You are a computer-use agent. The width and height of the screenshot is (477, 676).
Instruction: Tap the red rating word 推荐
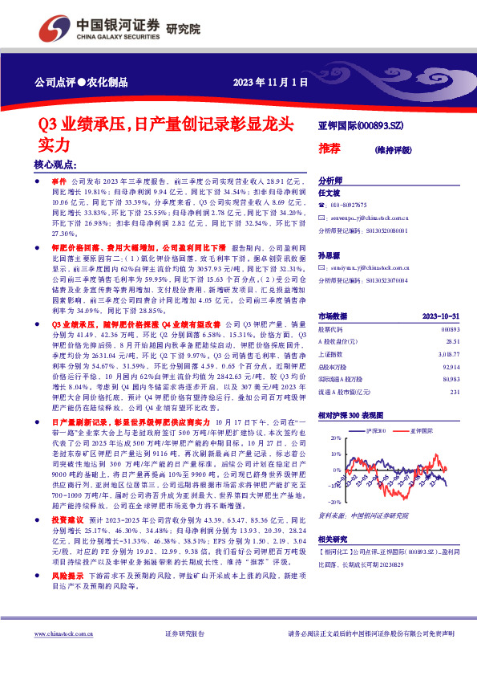pos(330,149)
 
